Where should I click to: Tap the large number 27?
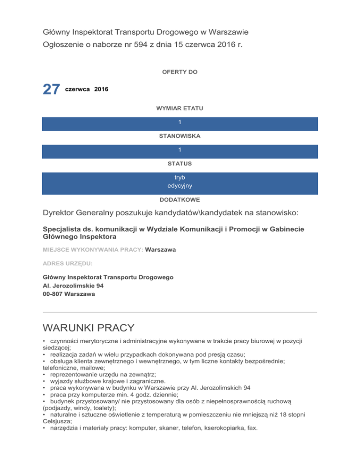tap(52, 90)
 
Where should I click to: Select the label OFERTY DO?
tap(180, 72)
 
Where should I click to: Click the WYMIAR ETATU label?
tap(180, 108)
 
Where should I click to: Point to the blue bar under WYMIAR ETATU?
tap(180, 124)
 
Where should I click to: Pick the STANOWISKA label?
tap(180, 136)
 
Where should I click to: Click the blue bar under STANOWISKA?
tap(180, 151)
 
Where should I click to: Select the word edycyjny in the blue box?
tap(180, 187)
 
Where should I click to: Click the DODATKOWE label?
tap(180, 199)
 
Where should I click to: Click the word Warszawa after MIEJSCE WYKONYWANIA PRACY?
tap(161, 250)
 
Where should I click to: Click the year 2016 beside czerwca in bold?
tap(101, 89)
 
